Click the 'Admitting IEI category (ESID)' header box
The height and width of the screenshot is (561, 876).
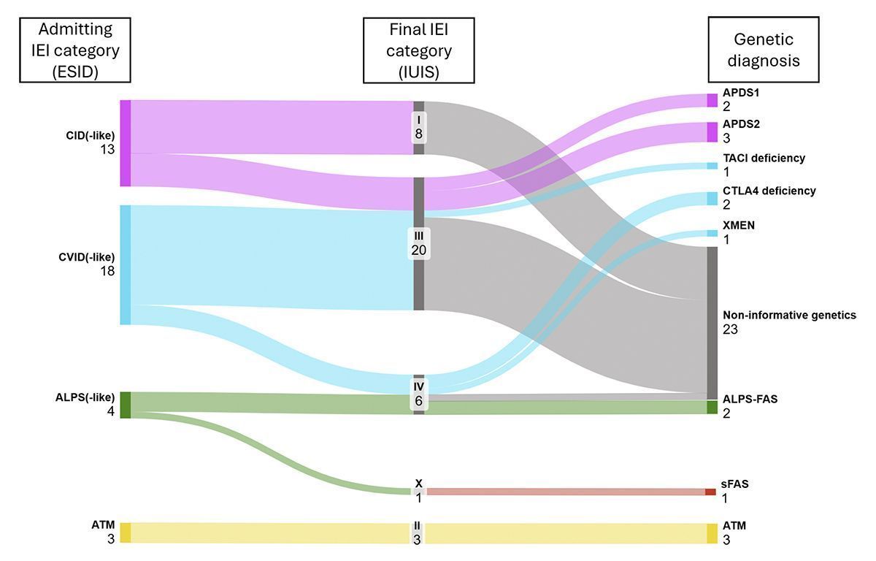coord(75,50)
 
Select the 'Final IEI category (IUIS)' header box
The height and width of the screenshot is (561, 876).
coord(419,50)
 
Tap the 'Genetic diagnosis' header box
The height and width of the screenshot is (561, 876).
coord(763,50)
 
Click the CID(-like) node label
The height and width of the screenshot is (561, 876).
coord(90,142)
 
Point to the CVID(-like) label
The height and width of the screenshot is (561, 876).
coord(88,264)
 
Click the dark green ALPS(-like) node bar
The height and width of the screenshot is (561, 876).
coord(125,405)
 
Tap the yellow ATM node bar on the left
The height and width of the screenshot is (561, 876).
coord(125,533)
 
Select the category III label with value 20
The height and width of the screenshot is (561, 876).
coord(419,243)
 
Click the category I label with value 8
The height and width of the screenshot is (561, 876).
coord(419,127)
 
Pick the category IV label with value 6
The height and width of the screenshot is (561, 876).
coord(419,393)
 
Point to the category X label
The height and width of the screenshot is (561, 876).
coord(419,490)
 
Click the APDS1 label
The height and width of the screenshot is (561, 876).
coord(742,100)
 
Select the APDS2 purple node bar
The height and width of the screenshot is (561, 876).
coord(712,131)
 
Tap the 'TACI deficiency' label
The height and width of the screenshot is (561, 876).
coord(764,164)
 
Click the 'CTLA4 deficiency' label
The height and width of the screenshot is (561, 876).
coord(769,197)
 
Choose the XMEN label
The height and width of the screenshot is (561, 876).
coord(739,232)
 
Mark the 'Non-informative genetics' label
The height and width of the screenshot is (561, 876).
coord(788,322)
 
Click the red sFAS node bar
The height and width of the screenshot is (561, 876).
coord(710,492)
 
